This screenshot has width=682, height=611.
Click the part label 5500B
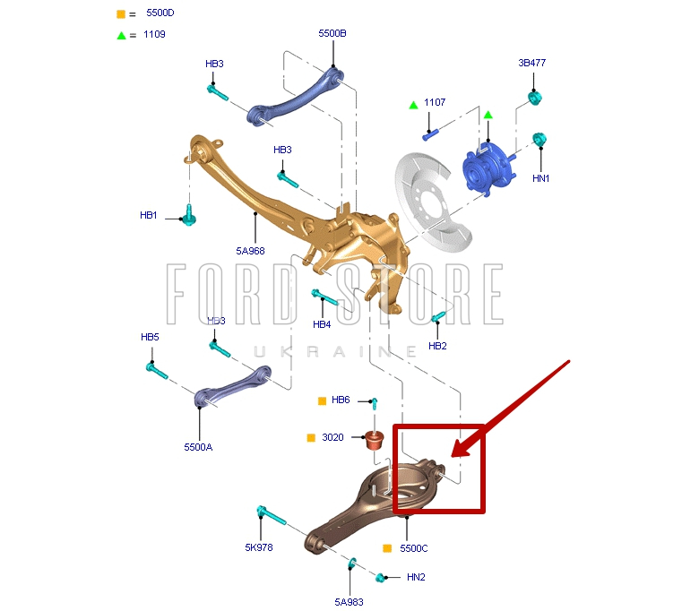coord(332,33)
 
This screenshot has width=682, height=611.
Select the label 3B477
coord(531,63)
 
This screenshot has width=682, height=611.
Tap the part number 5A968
coord(250,251)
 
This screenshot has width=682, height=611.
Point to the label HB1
coord(148,215)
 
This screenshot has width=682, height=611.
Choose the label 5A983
coord(350,602)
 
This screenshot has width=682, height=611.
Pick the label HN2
coord(416,577)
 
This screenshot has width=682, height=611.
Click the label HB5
coord(150,337)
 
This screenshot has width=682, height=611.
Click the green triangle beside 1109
coord(120,35)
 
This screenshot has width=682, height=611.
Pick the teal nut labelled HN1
coord(540,140)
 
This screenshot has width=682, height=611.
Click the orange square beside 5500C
coord(387,548)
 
